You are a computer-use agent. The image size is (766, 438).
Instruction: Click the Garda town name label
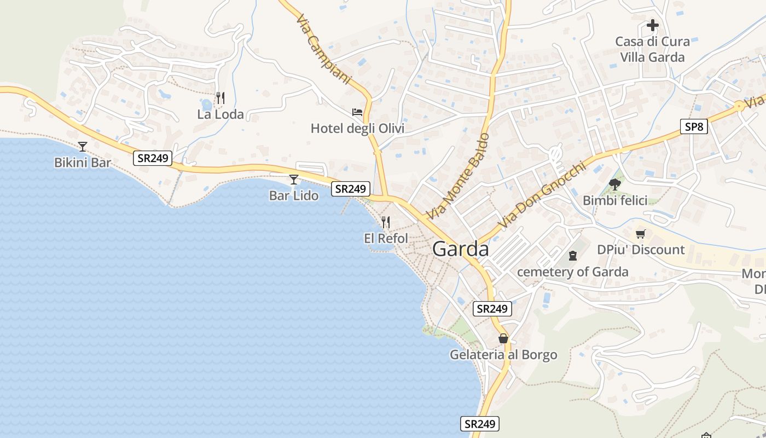(x=460, y=249)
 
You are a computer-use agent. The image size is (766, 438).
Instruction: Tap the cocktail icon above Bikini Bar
(x=83, y=146)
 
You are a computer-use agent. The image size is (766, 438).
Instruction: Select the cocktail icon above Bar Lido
(x=294, y=179)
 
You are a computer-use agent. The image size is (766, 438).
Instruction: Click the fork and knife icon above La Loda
(x=220, y=98)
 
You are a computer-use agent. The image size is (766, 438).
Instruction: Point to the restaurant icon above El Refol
(x=386, y=222)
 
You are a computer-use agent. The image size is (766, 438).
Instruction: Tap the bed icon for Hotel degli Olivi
(x=357, y=112)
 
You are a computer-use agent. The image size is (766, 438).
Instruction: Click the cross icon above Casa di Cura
(x=652, y=25)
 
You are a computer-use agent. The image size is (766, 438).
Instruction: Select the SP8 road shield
(x=694, y=127)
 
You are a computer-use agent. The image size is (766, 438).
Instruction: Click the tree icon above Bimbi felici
(x=614, y=184)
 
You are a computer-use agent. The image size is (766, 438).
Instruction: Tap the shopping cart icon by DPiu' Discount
(x=641, y=234)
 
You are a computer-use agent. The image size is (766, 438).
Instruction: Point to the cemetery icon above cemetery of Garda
(x=573, y=255)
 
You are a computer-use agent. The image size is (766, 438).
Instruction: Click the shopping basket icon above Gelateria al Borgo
(x=503, y=338)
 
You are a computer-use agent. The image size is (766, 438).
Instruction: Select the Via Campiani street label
(x=323, y=49)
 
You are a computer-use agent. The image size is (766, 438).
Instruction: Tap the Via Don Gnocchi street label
(x=542, y=195)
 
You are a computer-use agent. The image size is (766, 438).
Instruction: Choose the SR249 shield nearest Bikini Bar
(x=153, y=159)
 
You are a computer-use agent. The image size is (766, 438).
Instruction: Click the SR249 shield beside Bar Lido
(x=350, y=189)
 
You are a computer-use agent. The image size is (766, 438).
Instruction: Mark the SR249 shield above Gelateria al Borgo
(x=492, y=309)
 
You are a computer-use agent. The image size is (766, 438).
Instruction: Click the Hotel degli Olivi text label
(x=357, y=129)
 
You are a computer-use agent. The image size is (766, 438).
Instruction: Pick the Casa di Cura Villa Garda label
(x=652, y=49)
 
